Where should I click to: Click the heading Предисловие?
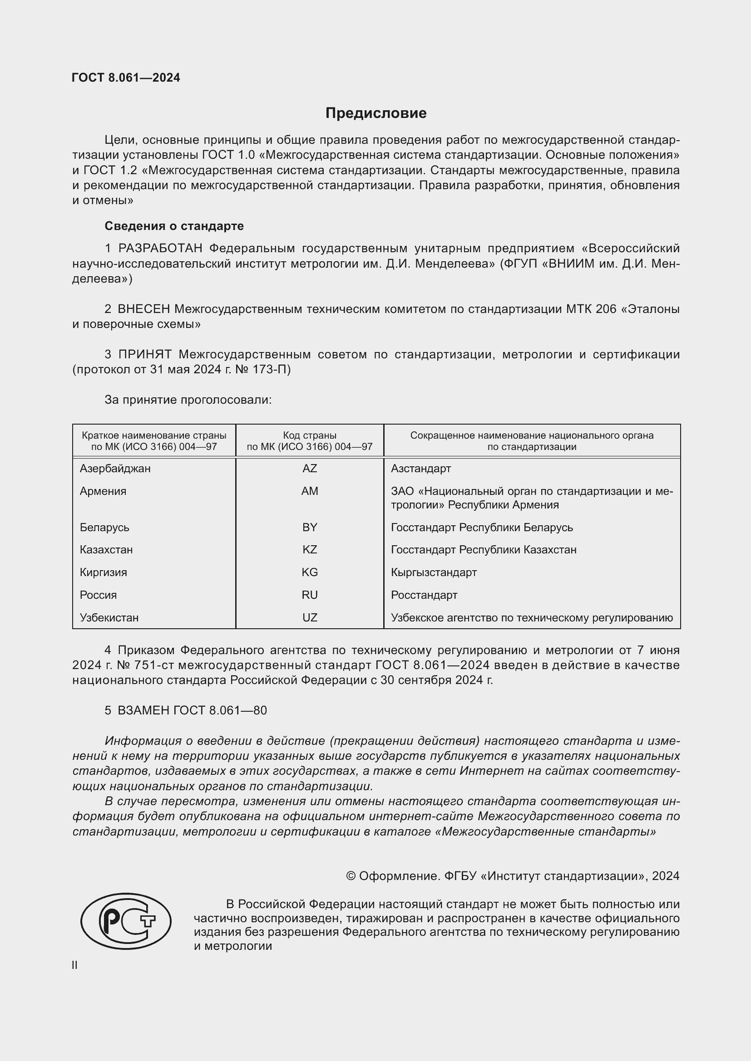coord(375,113)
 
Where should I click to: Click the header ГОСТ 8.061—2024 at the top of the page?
coord(126,78)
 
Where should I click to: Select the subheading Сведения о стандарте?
coord(174,226)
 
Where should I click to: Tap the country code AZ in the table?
coord(309,469)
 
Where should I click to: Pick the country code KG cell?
coord(309,572)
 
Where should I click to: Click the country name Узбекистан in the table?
coord(109,617)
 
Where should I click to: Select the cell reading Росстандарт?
coord(424,595)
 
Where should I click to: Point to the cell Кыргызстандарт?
coord(433,572)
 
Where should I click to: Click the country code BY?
coord(309,527)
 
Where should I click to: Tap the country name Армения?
coord(103,491)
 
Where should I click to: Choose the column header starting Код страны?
coord(309,441)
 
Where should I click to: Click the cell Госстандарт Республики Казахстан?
coord(483,549)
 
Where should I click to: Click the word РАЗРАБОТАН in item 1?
coord(160,249)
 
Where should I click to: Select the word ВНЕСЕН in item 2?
coord(144,309)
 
